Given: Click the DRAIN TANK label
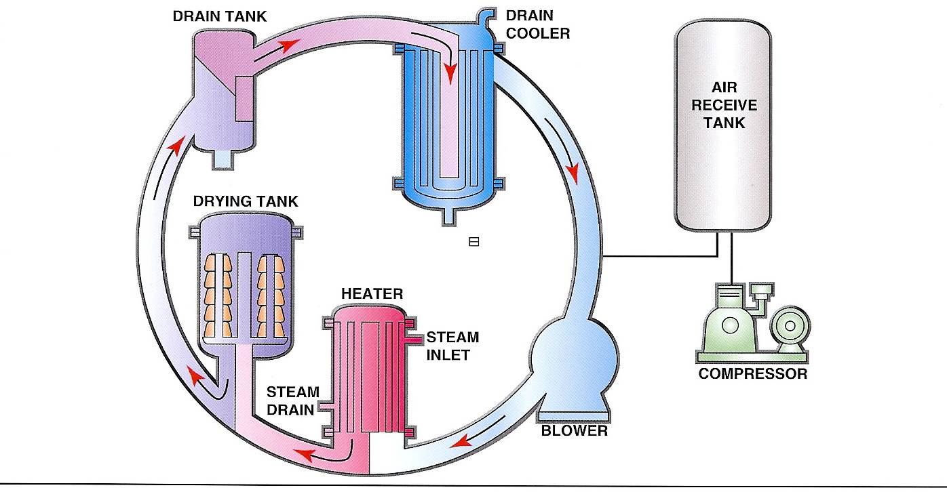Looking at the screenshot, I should point(219,16).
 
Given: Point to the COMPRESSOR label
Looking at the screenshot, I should point(753,373).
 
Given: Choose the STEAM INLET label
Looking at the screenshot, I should point(452,346).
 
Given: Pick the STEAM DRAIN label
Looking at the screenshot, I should point(292,401).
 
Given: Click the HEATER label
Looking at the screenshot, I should point(372,293).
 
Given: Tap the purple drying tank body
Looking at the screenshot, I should point(246,285).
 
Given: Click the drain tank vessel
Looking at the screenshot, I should point(221,95).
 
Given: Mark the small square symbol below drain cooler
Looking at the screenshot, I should point(474,241).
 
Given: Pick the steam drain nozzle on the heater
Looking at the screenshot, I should point(326,409).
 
